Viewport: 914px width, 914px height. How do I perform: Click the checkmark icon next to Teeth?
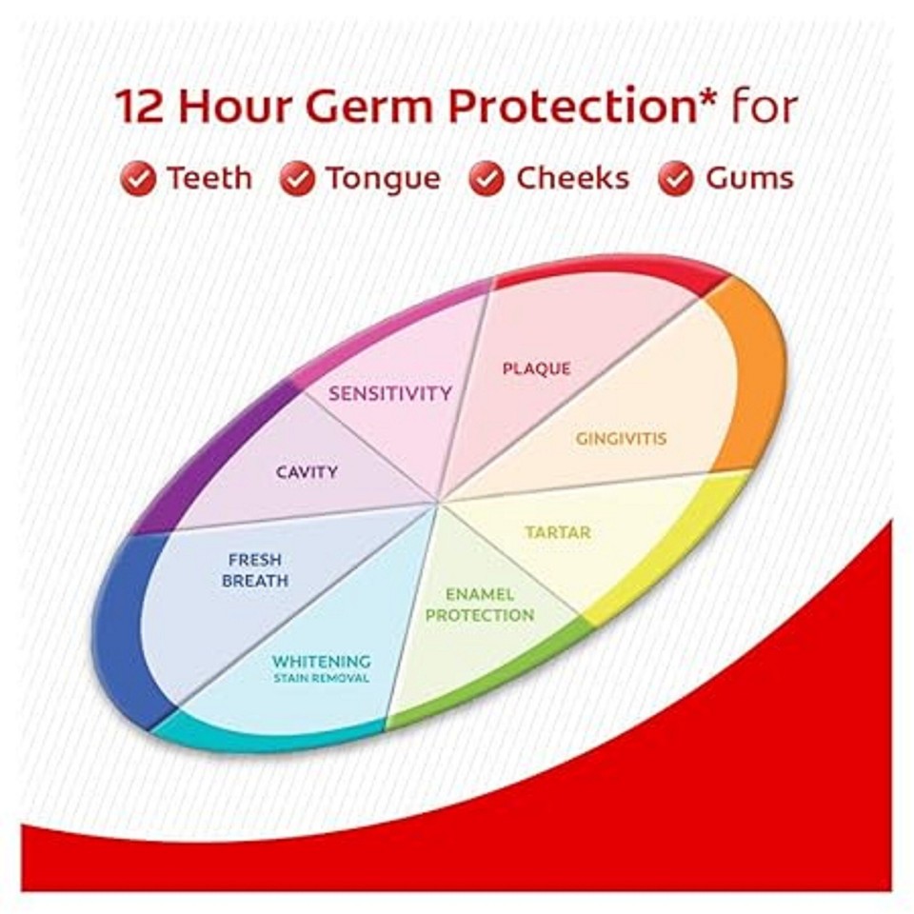(x=138, y=178)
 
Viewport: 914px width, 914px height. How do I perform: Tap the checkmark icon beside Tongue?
(x=297, y=178)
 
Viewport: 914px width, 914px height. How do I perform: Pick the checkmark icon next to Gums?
(x=676, y=178)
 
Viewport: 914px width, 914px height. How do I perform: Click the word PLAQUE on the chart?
(x=537, y=368)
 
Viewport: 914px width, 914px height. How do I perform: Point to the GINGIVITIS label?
(x=621, y=439)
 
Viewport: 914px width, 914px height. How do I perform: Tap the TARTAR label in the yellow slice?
(x=558, y=532)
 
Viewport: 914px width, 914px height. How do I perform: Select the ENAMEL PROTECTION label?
(x=480, y=605)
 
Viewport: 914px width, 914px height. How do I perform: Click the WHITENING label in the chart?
(x=321, y=661)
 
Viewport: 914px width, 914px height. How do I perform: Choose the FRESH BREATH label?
(x=254, y=570)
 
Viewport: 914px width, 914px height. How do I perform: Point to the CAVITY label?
(x=307, y=471)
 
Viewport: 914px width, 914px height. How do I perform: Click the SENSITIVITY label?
(x=390, y=393)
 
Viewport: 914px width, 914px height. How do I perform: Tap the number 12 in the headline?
(x=142, y=108)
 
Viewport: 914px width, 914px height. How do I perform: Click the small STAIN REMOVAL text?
(x=321, y=679)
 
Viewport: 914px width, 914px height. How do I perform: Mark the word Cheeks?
(x=572, y=178)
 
